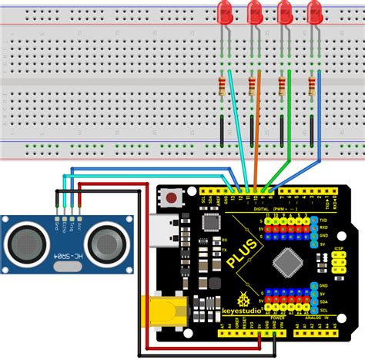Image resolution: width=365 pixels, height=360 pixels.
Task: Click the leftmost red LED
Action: click(x=226, y=12)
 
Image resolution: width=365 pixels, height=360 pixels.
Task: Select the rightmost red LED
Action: click(x=313, y=12)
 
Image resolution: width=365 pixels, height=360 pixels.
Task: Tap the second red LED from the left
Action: click(x=255, y=12)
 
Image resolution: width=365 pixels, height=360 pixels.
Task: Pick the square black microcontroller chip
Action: click(x=286, y=261)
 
